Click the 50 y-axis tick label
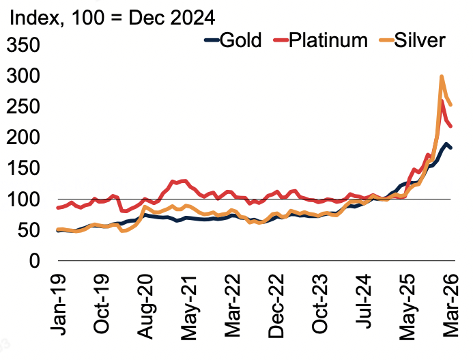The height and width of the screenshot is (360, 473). click(31, 230)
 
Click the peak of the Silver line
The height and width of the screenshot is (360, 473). click(442, 77)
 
